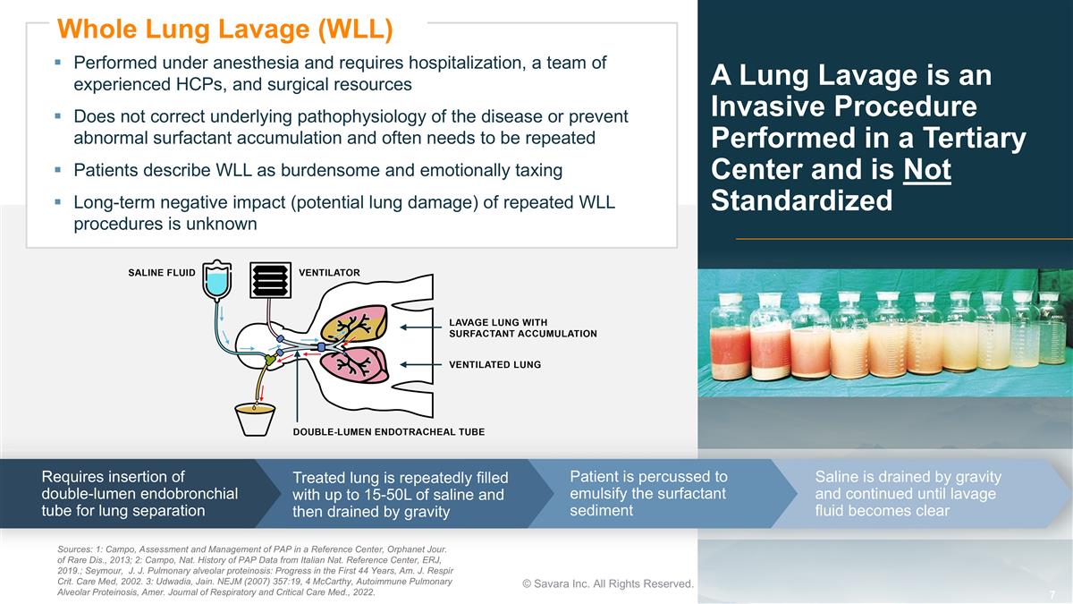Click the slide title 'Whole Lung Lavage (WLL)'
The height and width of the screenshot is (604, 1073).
(225, 29)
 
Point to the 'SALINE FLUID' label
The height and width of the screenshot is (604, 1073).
(161, 273)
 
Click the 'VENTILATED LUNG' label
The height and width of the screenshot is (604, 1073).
(494, 365)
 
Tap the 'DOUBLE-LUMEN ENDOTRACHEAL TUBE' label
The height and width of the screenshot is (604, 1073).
(389, 432)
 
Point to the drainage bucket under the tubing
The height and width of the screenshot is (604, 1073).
(255, 420)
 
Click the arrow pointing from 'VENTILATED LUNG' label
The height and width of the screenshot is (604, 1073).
(420, 365)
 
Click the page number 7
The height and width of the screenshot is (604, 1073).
(1052, 595)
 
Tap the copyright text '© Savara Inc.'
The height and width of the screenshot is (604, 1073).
(608, 583)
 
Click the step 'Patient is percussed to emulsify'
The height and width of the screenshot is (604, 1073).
(648, 493)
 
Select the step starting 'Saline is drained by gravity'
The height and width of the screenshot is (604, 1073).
(908, 493)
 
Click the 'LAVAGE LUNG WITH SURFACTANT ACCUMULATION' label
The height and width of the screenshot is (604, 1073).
(522, 328)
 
